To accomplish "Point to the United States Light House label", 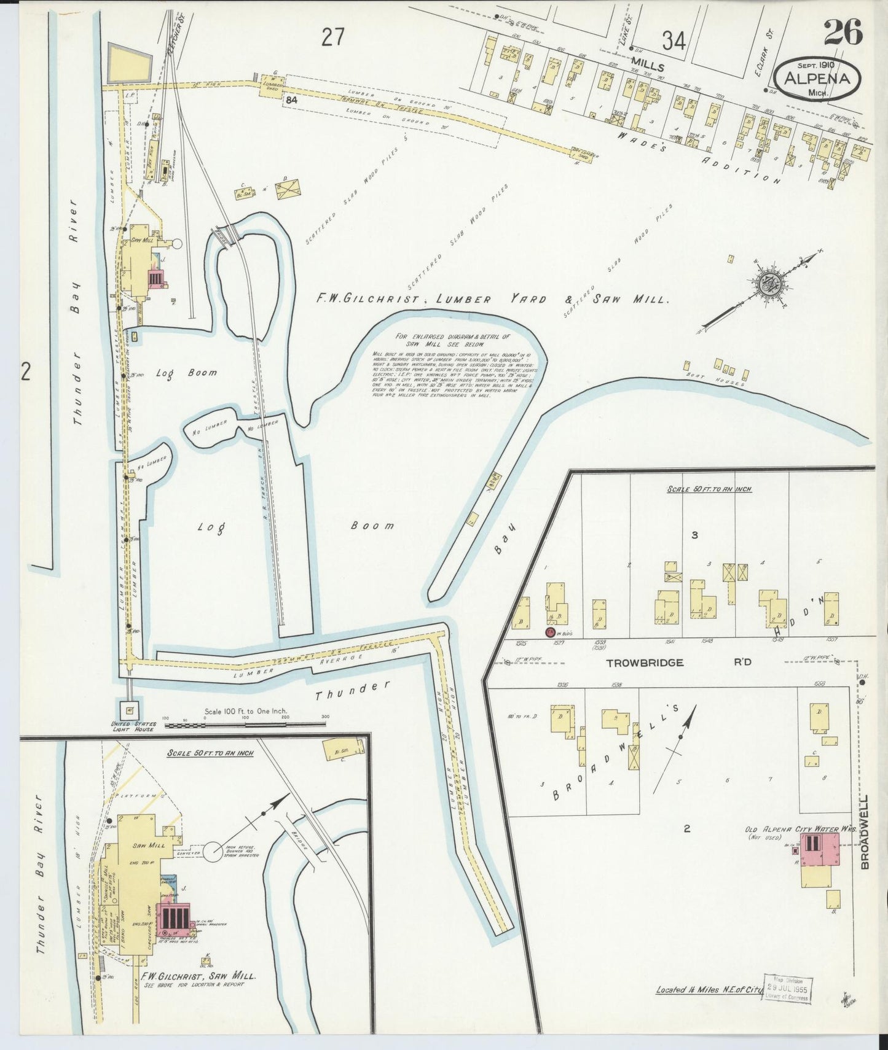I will (133, 726).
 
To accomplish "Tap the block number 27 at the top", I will (332, 38).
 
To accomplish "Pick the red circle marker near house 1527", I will (549, 632).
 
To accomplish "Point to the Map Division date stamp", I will (787, 989).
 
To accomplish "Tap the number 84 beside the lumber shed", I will (291, 99).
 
